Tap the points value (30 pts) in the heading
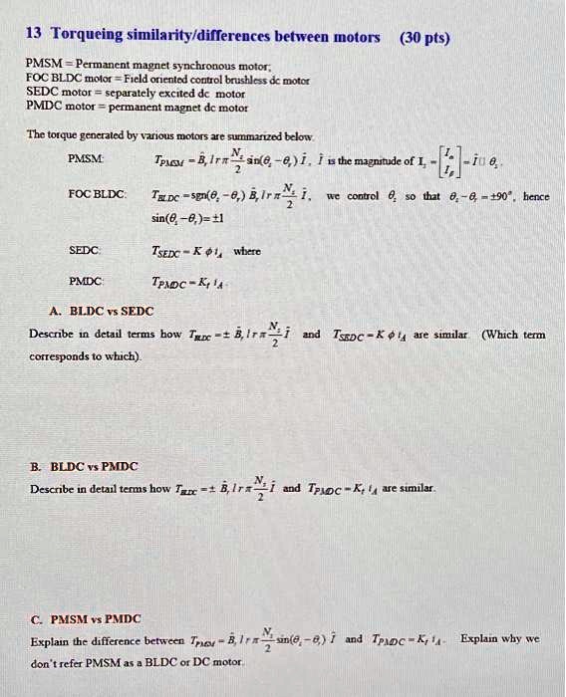[424, 39]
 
